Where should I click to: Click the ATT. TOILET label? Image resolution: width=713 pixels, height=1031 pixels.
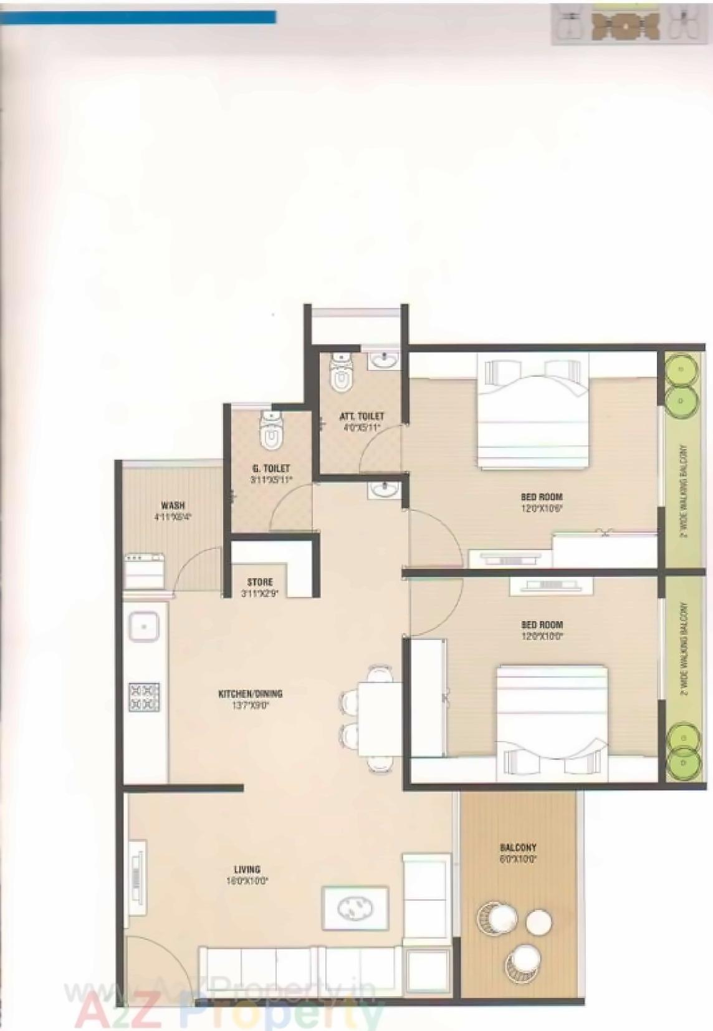[x=361, y=416]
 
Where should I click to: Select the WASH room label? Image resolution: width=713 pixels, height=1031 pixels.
[x=173, y=505]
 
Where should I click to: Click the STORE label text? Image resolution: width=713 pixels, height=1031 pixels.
[x=260, y=582]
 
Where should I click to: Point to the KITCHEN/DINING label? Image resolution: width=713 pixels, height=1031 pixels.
[x=251, y=694]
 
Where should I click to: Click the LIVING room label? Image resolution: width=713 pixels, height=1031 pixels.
[x=247, y=869]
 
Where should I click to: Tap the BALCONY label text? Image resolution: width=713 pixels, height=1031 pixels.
[x=518, y=848]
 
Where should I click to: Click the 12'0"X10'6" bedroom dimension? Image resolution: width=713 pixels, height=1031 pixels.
[x=542, y=508]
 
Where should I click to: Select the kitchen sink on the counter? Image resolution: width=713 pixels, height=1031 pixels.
[x=144, y=626]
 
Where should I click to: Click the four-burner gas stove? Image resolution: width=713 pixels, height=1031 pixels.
[x=144, y=697]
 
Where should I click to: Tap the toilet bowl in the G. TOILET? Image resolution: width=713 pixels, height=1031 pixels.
[x=270, y=434]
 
